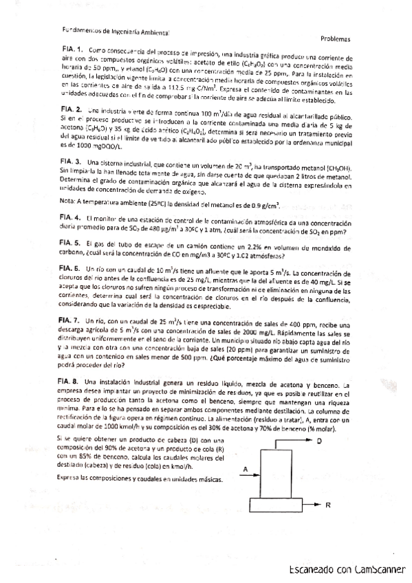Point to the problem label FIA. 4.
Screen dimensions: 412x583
(x=72, y=217)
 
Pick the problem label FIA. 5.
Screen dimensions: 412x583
(x=72, y=243)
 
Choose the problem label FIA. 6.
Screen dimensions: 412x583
(x=72, y=267)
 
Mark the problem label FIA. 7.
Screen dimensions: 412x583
(x=72, y=320)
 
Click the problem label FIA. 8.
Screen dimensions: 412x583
(x=72, y=380)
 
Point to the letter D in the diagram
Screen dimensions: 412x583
(x=319, y=441)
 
